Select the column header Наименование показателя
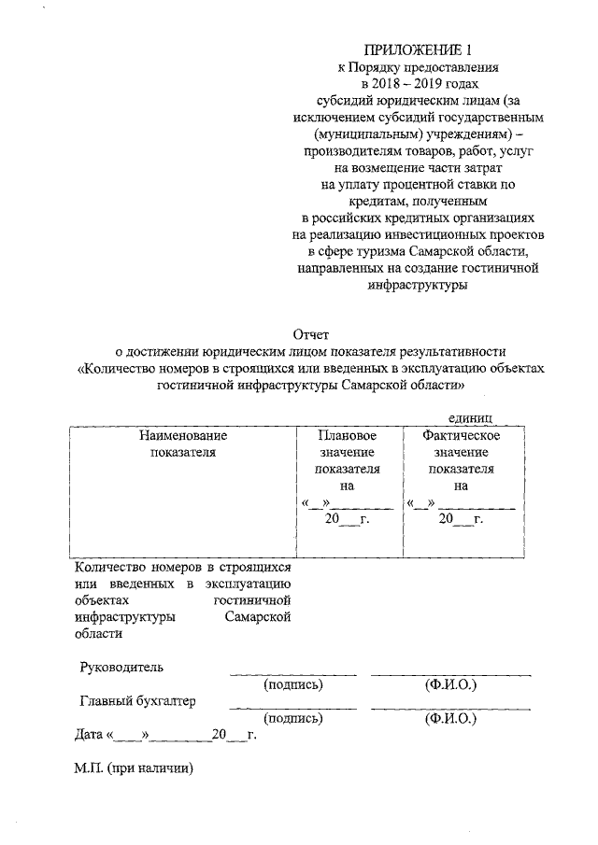183,444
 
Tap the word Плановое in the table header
348,435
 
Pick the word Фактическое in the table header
461,435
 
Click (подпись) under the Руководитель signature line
293,684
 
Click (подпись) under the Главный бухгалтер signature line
293,719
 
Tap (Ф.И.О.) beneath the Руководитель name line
450,684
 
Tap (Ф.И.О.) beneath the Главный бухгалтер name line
450,719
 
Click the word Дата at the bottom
90,735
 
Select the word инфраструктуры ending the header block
417,287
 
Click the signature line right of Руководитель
293,673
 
